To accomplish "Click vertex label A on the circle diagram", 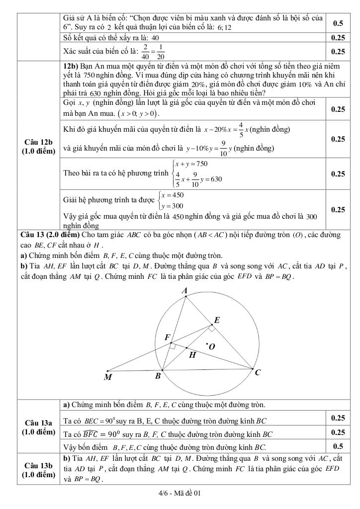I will coord(184,290).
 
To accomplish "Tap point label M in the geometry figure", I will coord(108,377).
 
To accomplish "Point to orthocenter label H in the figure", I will coord(192,355).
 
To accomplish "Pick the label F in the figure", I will coord(167,338).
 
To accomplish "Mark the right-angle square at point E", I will coord(211,329).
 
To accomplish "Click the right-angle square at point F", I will coord(172,345).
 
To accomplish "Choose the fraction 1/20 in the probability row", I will coord(160,51).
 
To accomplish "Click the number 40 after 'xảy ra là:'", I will coord(155,38).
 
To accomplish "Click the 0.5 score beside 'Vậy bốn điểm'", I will coord(338,446).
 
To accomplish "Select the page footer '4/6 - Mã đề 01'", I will coord(180,494).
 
